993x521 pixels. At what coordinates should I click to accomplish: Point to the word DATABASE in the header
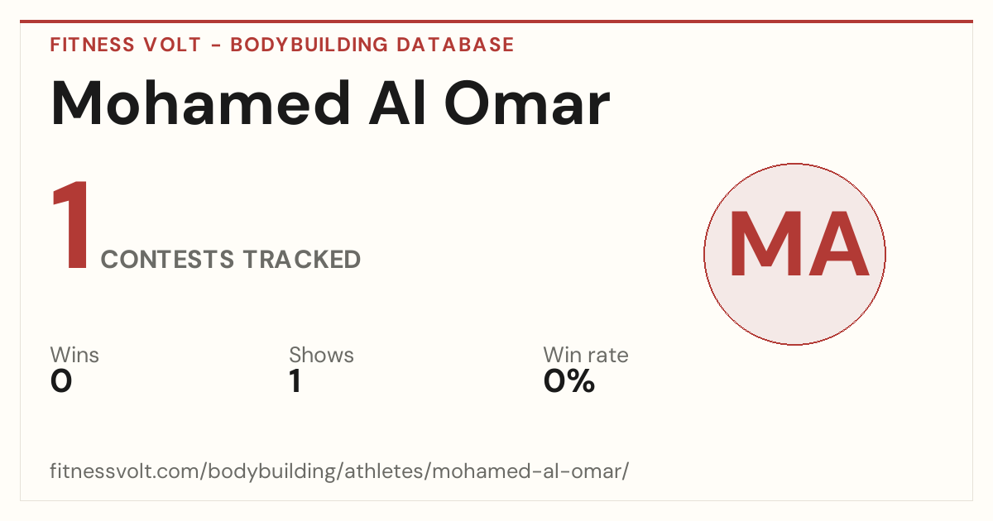coord(455,45)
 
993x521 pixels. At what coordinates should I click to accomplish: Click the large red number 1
coord(71,225)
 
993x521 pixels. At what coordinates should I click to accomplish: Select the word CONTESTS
coord(167,259)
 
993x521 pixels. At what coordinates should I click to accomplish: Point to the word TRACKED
coord(302,259)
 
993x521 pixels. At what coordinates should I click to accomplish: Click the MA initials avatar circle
coord(794,254)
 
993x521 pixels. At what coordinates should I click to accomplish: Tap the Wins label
coord(74,355)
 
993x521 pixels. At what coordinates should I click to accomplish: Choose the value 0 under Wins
coord(61,380)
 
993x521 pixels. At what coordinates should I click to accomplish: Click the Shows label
coord(321,355)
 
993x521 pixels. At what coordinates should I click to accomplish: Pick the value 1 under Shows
coord(295,380)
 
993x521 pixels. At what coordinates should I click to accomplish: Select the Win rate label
coord(586,355)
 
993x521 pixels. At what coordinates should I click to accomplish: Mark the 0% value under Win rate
coord(569,380)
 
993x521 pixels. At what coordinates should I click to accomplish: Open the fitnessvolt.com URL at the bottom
coord(339,471)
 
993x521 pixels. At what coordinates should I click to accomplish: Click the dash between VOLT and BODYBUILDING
coord(216,45)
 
